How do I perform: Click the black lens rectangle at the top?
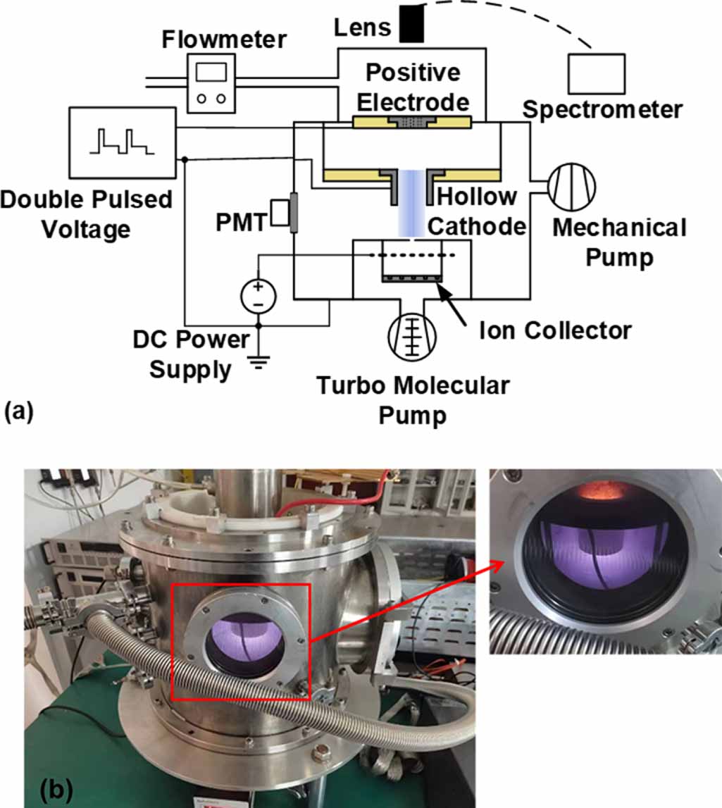click(x=412, y=24)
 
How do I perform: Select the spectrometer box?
click(x=596, y=74)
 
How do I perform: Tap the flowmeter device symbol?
click(x=211, y=85)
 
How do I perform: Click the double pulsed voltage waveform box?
click(x=123, y=143)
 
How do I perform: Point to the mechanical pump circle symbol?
click(x=571, y=187)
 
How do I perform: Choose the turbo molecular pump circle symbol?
click(x=412, y=336)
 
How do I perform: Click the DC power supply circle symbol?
click(x=259, y=297)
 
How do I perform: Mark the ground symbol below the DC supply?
click(x=259, y=363)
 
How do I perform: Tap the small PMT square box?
click(x=280, y=212)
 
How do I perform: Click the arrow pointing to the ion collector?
click(x=452, y=304)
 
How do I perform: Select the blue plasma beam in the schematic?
click(x=411, y=203)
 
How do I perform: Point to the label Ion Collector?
click(x=555, y=331)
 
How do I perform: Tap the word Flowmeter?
click(x=224, y=39)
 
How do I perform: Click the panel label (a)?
click(x=18, y=412)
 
